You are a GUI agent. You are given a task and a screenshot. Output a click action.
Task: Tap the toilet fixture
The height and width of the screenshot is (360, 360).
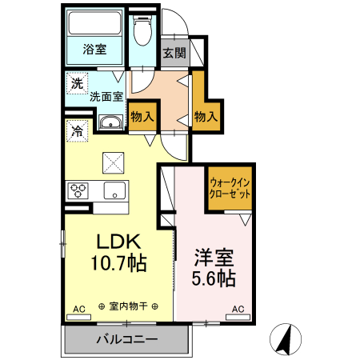143,32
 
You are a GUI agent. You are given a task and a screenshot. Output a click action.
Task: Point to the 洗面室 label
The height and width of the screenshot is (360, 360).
106,97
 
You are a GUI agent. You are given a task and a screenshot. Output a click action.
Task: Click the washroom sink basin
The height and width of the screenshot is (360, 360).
110,122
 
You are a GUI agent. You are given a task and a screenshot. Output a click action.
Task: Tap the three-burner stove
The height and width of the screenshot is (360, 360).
80,190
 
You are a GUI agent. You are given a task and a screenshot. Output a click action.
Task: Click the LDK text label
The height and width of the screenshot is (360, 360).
118,241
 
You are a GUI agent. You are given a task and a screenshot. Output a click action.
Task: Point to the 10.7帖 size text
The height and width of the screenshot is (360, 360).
118,262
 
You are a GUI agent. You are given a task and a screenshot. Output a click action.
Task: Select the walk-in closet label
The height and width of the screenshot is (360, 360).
230,188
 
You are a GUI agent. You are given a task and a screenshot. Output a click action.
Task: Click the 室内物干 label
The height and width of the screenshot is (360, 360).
128,306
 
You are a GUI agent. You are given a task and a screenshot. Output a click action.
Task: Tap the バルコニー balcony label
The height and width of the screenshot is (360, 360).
127,338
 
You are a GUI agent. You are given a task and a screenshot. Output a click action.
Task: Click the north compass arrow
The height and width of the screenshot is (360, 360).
283,339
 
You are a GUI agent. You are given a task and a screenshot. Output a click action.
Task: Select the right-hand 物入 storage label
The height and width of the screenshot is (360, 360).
206,117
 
